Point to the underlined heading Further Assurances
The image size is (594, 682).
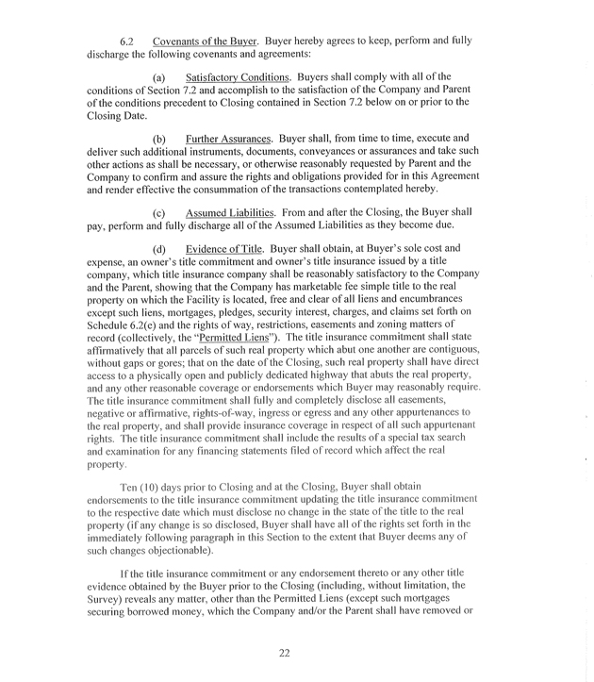(x=227, y=166)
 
